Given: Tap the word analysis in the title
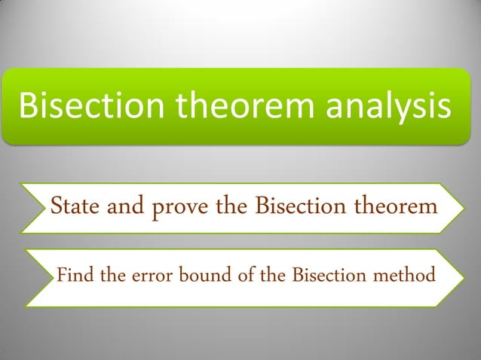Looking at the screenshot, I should coord(389,108).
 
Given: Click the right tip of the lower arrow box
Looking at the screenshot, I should coord(458,277).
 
